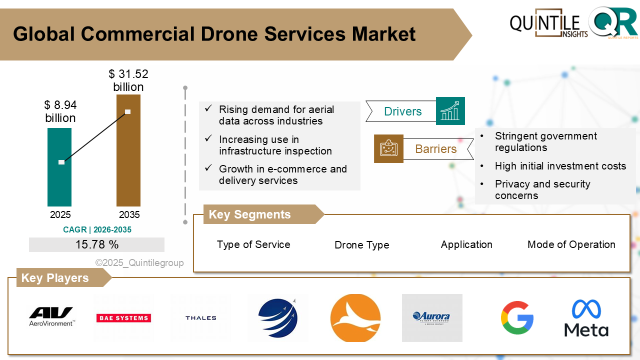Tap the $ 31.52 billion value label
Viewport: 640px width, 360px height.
pos(128,80)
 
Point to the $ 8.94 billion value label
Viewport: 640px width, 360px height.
pos(60,111)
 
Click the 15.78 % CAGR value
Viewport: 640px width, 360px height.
pos(97,244)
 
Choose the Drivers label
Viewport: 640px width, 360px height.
pos(402,111)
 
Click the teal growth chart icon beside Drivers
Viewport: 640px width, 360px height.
pos(450,111)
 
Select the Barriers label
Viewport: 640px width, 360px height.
pos(436,149)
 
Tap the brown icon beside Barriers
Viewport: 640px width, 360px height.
pos(388,148)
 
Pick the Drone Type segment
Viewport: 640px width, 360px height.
pos(361,245)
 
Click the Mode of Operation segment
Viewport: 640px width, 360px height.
pos(571,244)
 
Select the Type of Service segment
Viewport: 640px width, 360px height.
pos(253,244)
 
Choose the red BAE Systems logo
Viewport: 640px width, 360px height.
pos(123,318)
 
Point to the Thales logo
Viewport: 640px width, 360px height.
pos(200,318)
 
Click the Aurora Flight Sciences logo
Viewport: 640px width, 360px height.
pos(431,317)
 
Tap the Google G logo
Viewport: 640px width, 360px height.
pos(517,317)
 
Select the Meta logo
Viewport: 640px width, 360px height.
pos(586,318)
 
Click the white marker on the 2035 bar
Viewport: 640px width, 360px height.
pos(128,111)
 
